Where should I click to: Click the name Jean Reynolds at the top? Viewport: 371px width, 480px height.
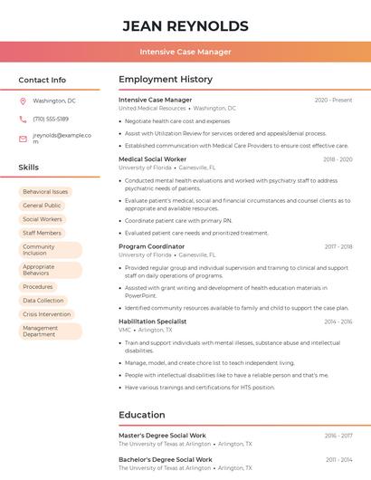pyautogui.click(x=185, y=25)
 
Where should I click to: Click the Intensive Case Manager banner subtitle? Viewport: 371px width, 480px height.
pyautogui.click(x=185, y=52)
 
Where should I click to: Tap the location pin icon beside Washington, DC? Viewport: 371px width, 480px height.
pyautogui.click(x=23, y=101)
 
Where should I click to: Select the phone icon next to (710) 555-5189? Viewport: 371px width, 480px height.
pyautogui.click(x=23, y=119)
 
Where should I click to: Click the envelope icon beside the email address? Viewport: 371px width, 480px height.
pyautogui.click(x=23, y=139)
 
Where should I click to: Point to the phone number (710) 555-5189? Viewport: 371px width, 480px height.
pyautogui.click(x=51, y=119)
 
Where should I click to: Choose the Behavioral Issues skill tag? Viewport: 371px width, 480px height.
pyautogui.click(x=45, y=192)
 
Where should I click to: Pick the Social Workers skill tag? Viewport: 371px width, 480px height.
pyautogui.click(x=43, y=219)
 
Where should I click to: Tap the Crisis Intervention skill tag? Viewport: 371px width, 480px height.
pyautogui.click(x=47, y=314)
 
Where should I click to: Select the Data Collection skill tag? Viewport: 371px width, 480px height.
pyautogui.click(x=43, y=301)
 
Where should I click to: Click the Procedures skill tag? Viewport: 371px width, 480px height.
pyautogui.click(x=38, y=287)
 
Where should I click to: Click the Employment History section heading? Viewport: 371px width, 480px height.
pyautogui.click(x=166, y=80)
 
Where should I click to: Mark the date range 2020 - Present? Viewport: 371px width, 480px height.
pyautogui.click(x=333, y=100)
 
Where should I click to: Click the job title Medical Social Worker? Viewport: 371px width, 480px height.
pyautogui.click(x=153, y=159)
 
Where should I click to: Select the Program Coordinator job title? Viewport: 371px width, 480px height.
pyautogui.click(x=152, y=246)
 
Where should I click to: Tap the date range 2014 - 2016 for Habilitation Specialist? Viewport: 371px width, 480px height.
pyautogui.click(x=338, y=322)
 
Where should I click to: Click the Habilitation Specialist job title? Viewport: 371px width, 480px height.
pyautogui.click(x=153, y=322)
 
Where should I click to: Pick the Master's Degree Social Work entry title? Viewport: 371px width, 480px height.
pyautogui.click(x=162, y=436)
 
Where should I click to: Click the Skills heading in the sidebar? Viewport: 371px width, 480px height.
pyautogui.click(x=29, y=168)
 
